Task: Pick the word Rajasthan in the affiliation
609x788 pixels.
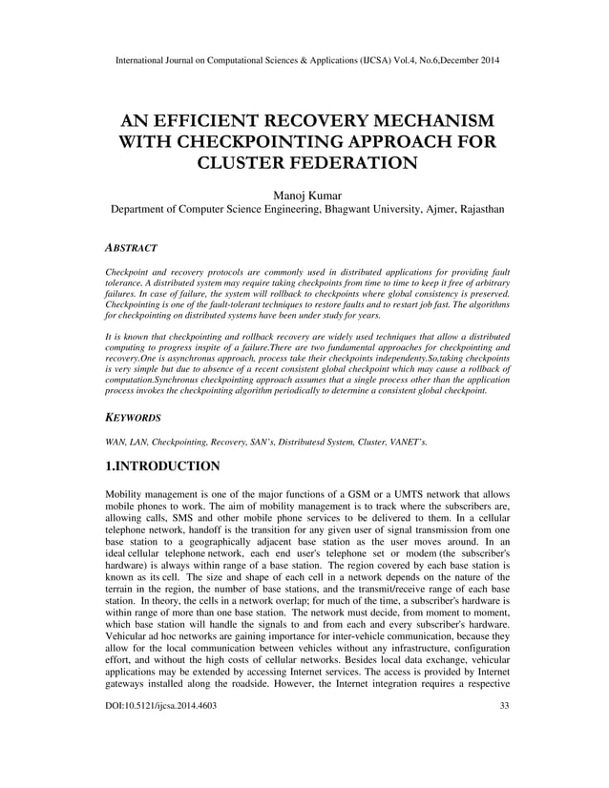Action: (x=469, y=209)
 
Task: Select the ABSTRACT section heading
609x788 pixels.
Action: (x=131, y=248)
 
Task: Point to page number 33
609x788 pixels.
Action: (x=504, y=759)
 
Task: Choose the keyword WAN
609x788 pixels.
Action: (x=115, y=442)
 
